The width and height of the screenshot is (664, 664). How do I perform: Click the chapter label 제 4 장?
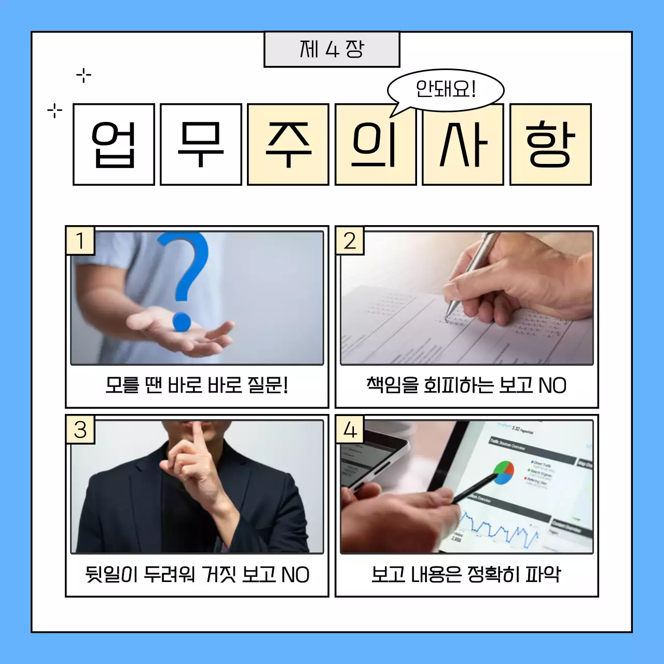coord(332,49)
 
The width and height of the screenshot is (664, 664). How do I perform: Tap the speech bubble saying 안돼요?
coord(446,90)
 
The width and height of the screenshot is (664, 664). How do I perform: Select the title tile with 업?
coord(114,145)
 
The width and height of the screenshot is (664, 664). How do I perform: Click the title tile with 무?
coord(201,145)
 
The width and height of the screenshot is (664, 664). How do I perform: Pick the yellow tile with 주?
coord(288,145)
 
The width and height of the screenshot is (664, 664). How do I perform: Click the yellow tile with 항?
coord(550,145)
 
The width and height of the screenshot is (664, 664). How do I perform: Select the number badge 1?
coord(80,241)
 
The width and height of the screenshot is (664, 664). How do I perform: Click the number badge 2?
coord(350,241)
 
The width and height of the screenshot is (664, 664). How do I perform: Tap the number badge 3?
coord(80,430)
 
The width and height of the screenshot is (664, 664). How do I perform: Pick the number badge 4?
coord(350,430)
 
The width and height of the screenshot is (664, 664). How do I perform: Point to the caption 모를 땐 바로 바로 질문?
coord(197,385)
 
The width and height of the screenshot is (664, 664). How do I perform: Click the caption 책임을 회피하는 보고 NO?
coord(466,385)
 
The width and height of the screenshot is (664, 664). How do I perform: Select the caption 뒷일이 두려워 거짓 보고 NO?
coord(197,574)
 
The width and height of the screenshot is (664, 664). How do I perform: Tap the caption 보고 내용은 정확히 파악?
coord(466,574)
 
